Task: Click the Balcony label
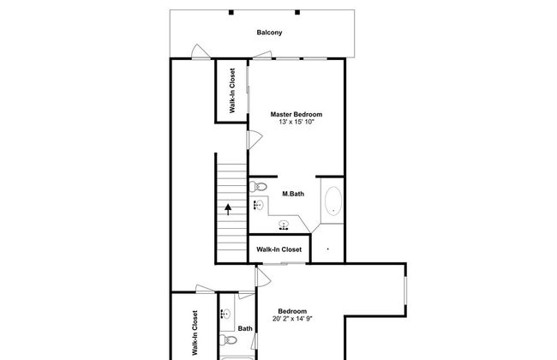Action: [269, 33]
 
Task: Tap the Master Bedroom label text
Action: [296, 114]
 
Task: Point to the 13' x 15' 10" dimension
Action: [296, 122]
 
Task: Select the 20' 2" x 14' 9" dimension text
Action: [292, 319]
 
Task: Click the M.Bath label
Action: [293, 194]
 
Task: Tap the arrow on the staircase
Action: [228, 209]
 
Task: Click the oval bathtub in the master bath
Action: [333, 201]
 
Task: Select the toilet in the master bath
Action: [258, 187]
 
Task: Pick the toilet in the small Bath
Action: [228, 340]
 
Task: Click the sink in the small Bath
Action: [225, 315]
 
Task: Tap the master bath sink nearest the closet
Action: [284, 225]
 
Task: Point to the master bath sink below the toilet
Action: [259, 205]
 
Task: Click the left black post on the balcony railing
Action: [231, 13]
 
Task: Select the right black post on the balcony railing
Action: [297, 13]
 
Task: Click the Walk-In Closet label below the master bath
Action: [278, 249]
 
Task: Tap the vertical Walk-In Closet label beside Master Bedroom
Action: [232, 91]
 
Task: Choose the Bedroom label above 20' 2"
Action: [292, 311]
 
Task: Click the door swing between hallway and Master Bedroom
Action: [255, 140]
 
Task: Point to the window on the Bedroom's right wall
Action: [405, 291]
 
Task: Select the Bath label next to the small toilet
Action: [245, 328]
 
